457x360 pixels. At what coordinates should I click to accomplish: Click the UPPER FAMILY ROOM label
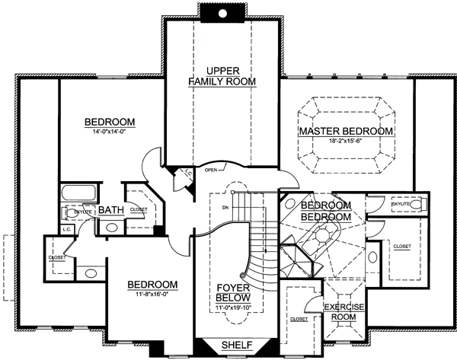[x=222, y=75]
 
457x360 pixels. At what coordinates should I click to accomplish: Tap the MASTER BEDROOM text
[x=346, y=132]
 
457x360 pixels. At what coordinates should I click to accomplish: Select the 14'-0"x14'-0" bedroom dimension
[x=110, y=134]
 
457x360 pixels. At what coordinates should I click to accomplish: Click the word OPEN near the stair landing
[x=213, y=170]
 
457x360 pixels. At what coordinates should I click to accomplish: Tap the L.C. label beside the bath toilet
[x=67, y=228]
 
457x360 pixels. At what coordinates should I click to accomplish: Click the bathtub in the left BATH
[x=78, y=192]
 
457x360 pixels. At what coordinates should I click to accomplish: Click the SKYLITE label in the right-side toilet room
[x=401, y=205]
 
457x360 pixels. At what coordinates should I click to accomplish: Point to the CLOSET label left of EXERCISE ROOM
[x=299, y=320]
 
